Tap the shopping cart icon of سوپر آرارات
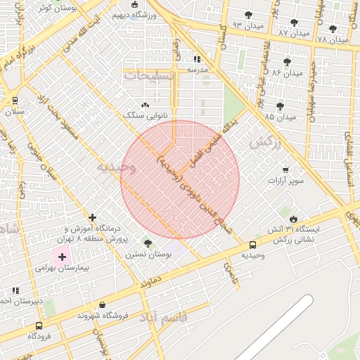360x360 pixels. [285, 169]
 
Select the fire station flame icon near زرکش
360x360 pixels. [293, 219]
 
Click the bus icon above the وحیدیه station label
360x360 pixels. [252, 245]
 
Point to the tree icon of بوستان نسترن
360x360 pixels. [147, 243]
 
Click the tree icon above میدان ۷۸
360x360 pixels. [333, 29]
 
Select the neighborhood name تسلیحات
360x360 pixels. [146, 75]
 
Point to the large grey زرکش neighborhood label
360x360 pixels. [265, 142]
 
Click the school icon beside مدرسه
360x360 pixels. [198, 60]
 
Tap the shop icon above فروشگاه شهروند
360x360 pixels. [103, 305]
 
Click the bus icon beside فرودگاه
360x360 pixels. [38, 326]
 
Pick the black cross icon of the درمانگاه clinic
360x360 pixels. [92, 217]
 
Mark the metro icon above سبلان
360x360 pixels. [15, 101]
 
